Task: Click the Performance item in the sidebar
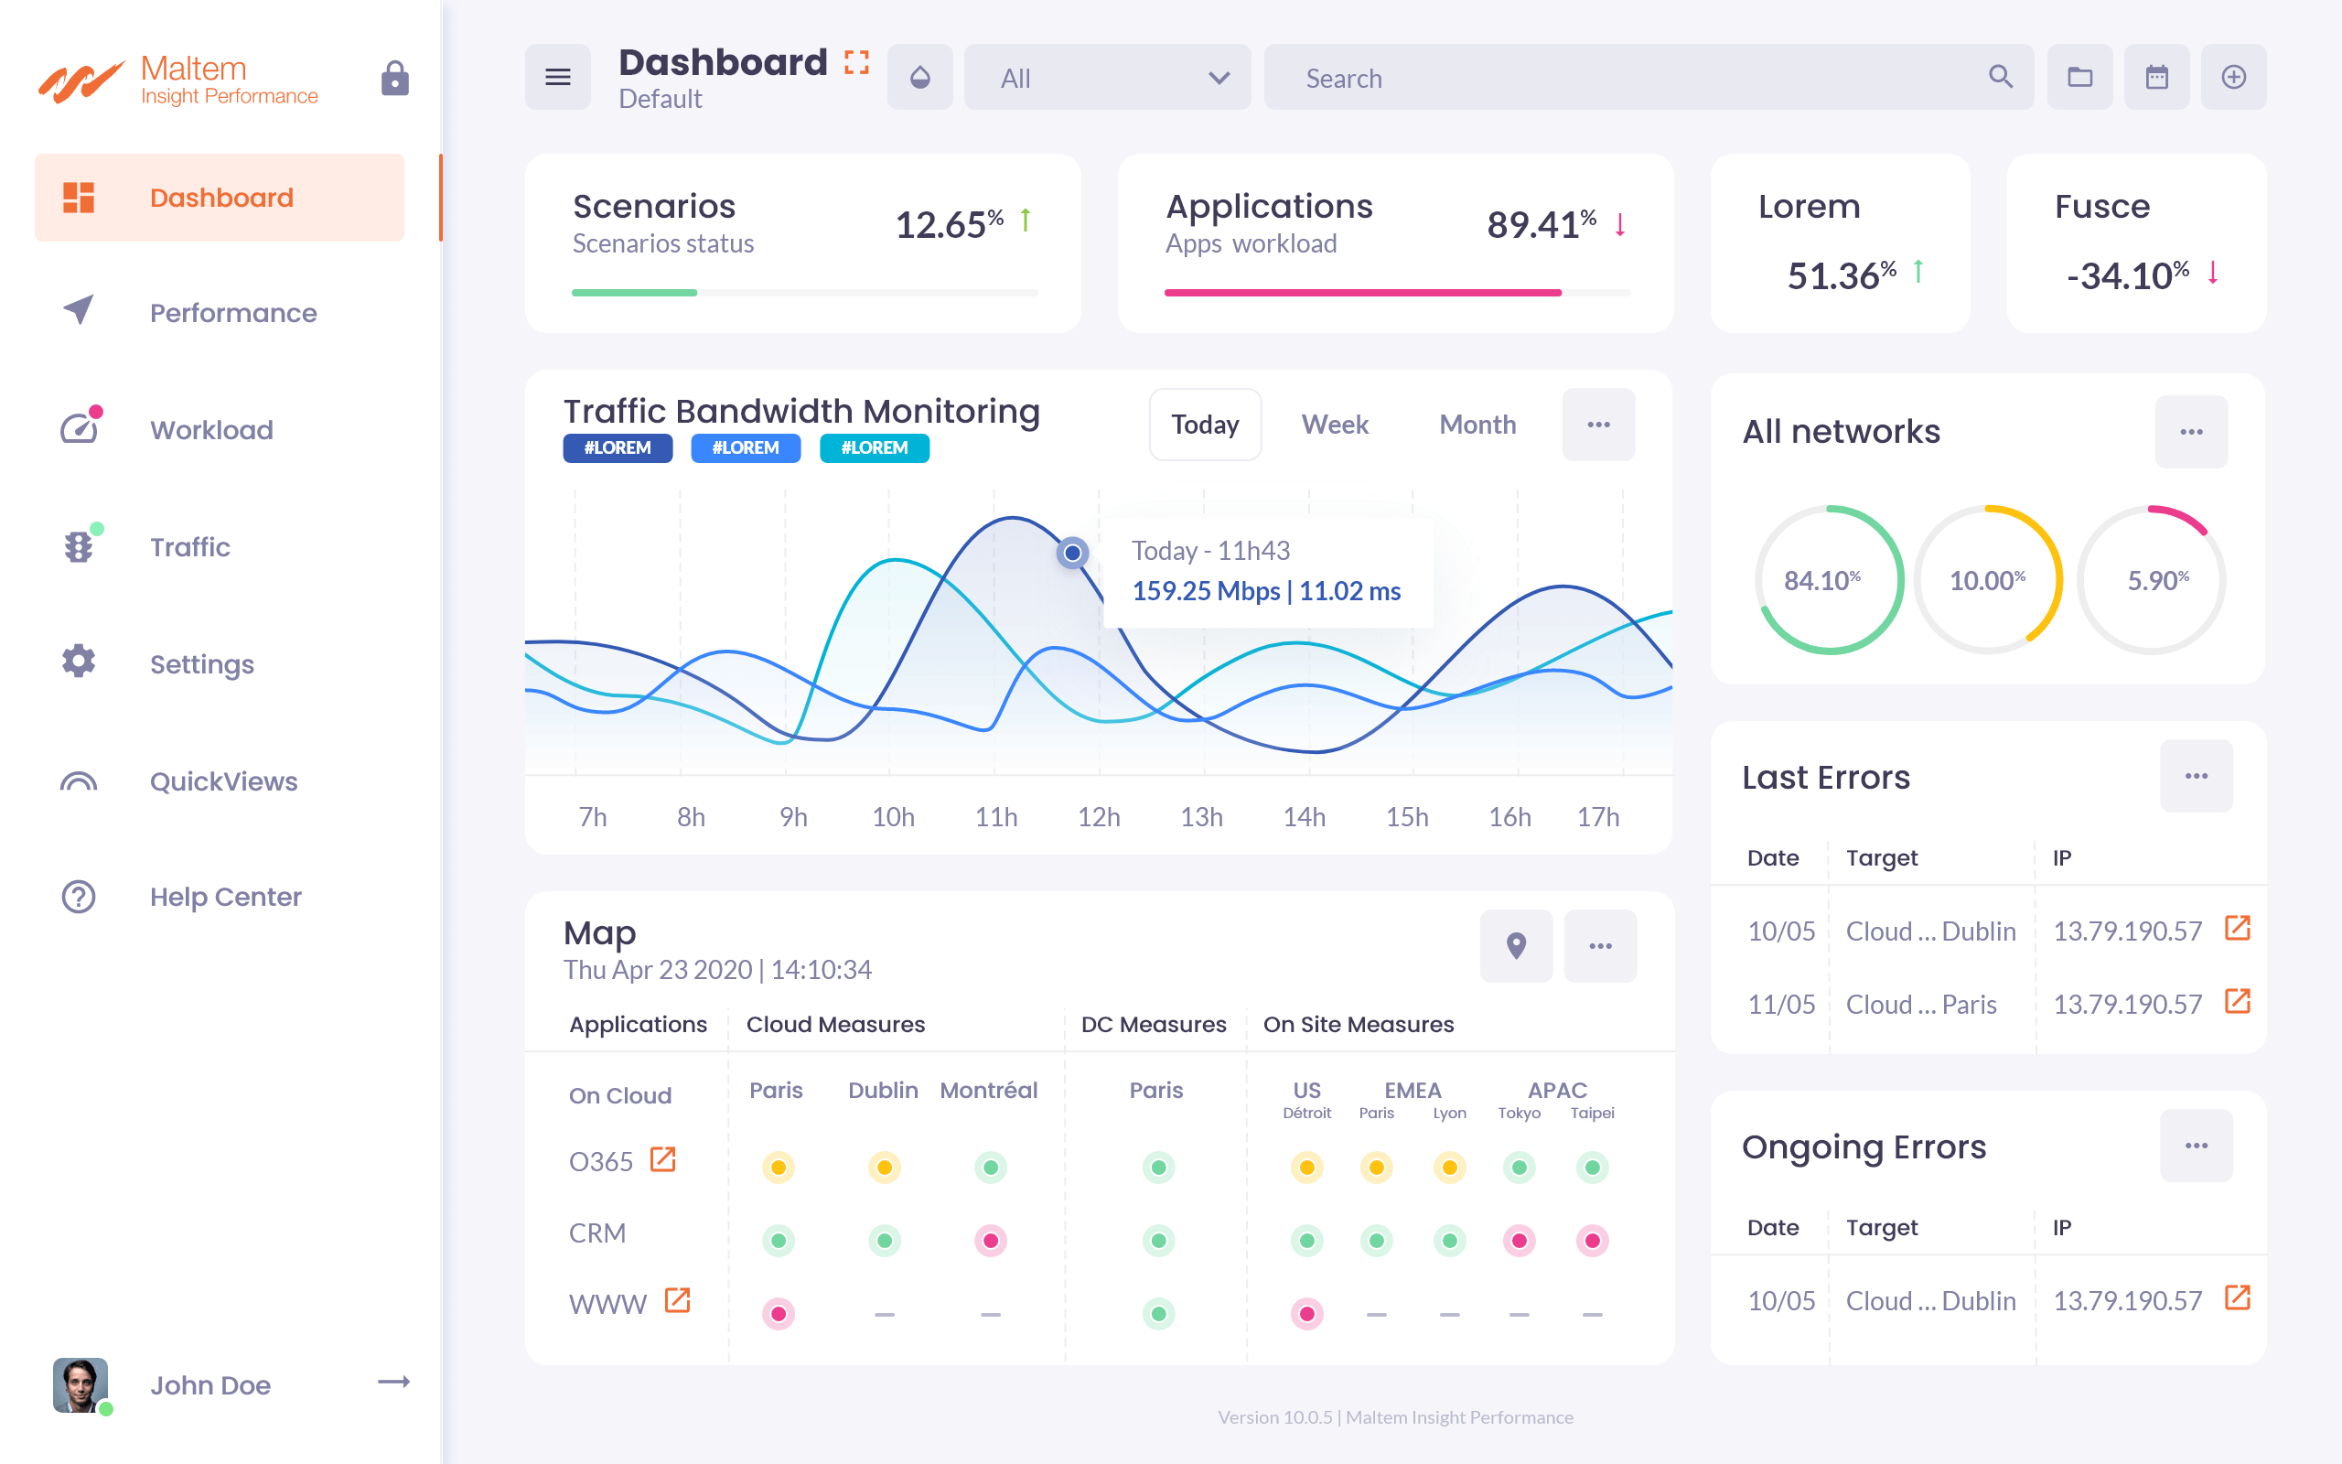(232, 313)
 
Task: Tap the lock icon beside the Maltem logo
(395, 79)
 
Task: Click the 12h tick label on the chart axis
(1099, 817)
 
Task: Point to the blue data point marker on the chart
(1072, 553)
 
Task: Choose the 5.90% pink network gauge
(2153, 580)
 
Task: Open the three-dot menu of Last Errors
(2196, 777)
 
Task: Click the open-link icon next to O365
(663, 1159)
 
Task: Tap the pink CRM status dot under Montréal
(990, 1241)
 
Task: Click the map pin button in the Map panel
(1516, 946)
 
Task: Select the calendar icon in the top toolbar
(2156, 78)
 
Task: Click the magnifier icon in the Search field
(2001, 78)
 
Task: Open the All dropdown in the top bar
(1107, 78)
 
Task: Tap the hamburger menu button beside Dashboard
(557, 78)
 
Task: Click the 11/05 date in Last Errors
(1780, 1004)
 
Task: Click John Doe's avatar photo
(81, 1384)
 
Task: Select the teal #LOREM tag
(874, 448)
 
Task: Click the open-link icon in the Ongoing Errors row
(2238, 1297)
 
